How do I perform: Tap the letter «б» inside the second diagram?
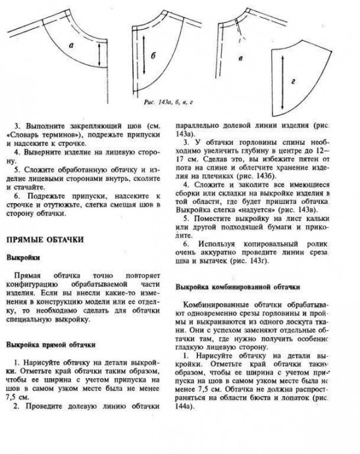(152, 57)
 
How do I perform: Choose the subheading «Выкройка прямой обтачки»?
(51, 343)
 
